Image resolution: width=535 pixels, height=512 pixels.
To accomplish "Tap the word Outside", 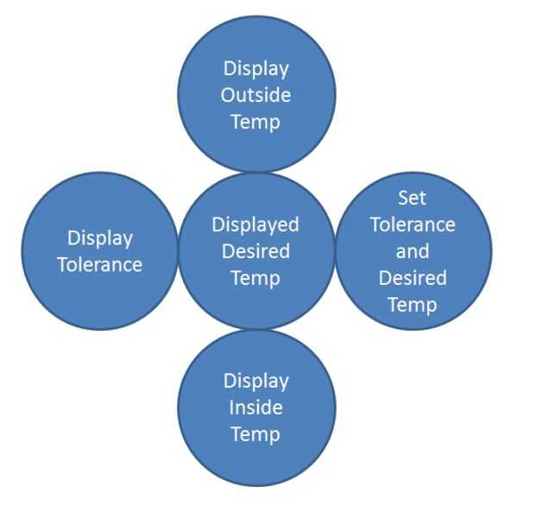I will point(255,95).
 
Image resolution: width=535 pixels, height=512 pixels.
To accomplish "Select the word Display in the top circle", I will point(255,68).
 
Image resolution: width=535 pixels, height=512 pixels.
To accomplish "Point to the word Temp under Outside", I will point(255,122).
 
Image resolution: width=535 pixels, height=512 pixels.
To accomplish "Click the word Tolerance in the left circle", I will point(99,264).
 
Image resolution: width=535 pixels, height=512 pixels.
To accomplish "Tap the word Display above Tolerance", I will point(100,237).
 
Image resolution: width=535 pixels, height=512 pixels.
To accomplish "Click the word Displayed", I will point(255,224).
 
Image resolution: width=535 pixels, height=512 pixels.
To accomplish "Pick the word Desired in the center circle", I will point(255,251).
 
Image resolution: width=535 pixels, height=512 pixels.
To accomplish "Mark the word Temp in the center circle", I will point(255,278).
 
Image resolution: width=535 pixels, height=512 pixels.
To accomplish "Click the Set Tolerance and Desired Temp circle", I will point(466,250).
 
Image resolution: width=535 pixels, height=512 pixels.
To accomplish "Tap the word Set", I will point(412,198).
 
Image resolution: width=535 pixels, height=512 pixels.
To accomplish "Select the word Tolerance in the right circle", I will point(412,224).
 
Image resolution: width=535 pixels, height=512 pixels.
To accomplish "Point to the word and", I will point(412,251).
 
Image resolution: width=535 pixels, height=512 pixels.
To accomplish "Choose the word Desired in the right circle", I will point(412,278).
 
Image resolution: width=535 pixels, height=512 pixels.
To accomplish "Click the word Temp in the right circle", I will point(412,305).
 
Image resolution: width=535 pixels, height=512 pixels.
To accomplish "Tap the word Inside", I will point(255,407).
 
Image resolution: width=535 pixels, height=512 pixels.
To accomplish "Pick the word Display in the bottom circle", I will point(255,380).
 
